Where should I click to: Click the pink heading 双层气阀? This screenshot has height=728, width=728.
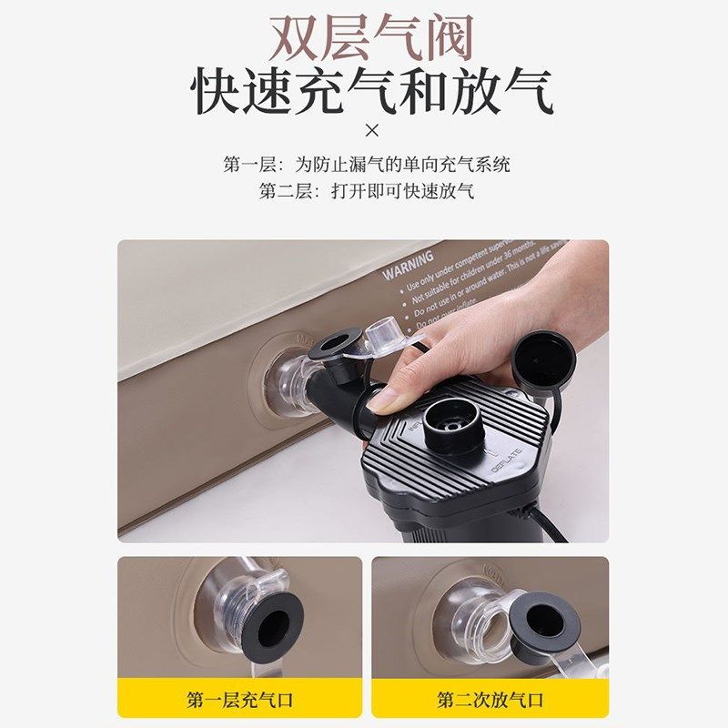[370, 37]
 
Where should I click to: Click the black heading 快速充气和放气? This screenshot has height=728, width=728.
[371, 94]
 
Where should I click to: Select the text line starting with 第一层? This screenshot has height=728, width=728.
[367, 165]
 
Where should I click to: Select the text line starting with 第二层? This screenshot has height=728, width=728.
[367, 192]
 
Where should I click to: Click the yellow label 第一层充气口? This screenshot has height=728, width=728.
[239, 699]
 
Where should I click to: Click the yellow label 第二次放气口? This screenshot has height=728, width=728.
[490, 699]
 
